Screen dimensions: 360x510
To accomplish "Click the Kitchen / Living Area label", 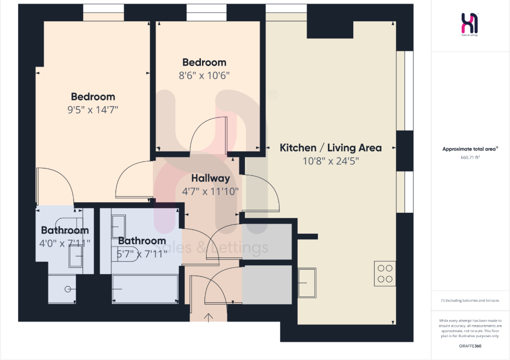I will (x=330, y=148).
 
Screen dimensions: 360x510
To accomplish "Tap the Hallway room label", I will (x=210, y=178).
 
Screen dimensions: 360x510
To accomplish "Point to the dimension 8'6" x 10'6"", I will (x=204, y=75).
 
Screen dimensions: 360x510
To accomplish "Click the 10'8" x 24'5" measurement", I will (x=330, y=161).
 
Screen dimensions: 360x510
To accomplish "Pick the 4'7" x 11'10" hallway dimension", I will (x=210, y=191).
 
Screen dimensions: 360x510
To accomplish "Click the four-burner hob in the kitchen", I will (x=385, y=274).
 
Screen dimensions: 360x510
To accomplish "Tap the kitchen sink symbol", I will (x=307, y=282).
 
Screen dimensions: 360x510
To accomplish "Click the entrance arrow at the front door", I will (x=209, y=317).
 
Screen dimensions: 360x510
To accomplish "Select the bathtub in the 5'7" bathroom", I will (x=145, y=289).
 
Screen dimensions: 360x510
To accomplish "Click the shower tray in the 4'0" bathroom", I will (x=62, y=289).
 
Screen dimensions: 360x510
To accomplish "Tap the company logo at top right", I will (x=470, y=24).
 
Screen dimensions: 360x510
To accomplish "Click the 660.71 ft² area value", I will (x=470, y=156).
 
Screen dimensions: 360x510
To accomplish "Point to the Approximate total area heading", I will (x=470, y=149).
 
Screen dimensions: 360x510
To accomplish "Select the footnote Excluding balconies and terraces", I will (x=470, y=301).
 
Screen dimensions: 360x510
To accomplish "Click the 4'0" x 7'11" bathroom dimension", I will (x=65, y=242).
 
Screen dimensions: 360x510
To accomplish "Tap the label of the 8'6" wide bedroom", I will (x=204, y=62).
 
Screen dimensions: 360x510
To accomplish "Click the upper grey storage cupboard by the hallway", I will (x=267, y=241).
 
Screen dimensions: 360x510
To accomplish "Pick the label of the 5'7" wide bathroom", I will (x=142, y=241).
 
